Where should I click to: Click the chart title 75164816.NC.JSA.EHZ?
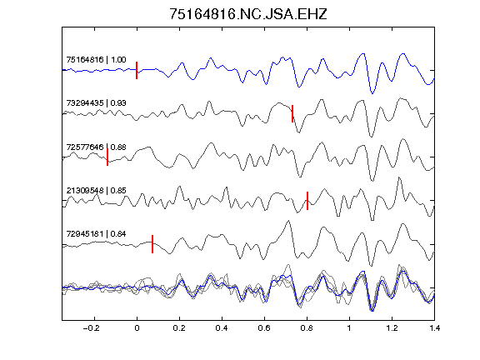[x=248, y=14]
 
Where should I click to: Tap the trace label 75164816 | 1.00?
[x=96, y=59]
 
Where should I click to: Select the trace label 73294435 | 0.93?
[x=96, y=102]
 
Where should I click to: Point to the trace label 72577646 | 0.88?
[x=96, y=147]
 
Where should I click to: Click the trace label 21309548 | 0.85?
[x=96, y=190]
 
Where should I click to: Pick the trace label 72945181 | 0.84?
[x=96, y=234]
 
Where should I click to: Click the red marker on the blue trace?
[x=137, y=70]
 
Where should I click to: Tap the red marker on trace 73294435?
[x=292, y=114]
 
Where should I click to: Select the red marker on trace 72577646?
[x=107, y=157]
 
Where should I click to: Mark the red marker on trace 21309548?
[x=307, y=201]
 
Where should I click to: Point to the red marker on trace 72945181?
[x=152, y=244]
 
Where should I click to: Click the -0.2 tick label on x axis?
[x=92, y=328]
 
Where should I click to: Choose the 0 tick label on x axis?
[x=137, y=328]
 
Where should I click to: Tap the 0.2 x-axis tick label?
[x=179, y=328]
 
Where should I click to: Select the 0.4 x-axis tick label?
[x=222, y=328]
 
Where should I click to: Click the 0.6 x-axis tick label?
[x=264, y=328]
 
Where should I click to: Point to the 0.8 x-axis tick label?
[x=307, y=328]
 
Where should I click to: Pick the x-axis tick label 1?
[x=349, y=328]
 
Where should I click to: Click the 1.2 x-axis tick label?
[x=392, y=328]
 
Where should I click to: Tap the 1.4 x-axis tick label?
[x=434, y=328]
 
